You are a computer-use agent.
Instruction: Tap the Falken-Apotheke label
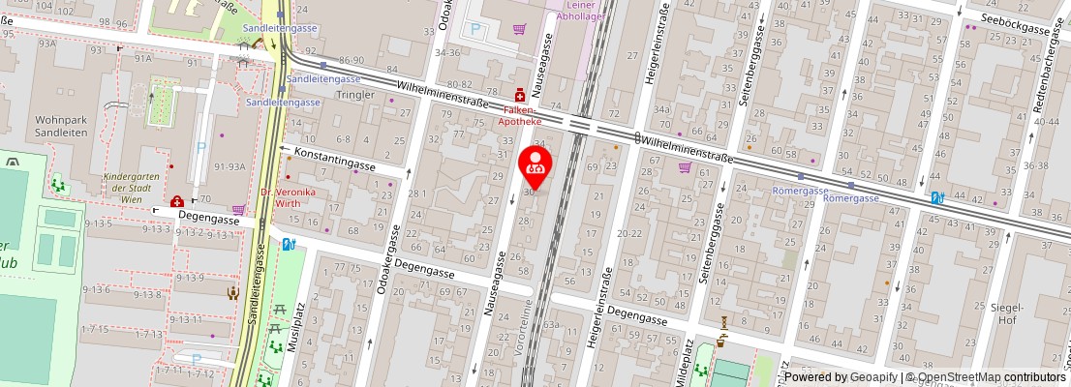[x=521, y=116]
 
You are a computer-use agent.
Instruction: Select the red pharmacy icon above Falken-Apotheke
[x=520, y=95]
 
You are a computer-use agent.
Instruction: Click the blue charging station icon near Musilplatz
[x=288, y=244]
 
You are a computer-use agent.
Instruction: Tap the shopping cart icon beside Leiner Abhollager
[x=519, y=29]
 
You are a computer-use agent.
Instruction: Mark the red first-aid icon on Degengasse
[x=177, y=202]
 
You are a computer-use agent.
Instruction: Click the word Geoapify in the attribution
[x=872, y=377]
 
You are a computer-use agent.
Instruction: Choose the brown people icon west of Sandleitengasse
[x=232, y=293]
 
